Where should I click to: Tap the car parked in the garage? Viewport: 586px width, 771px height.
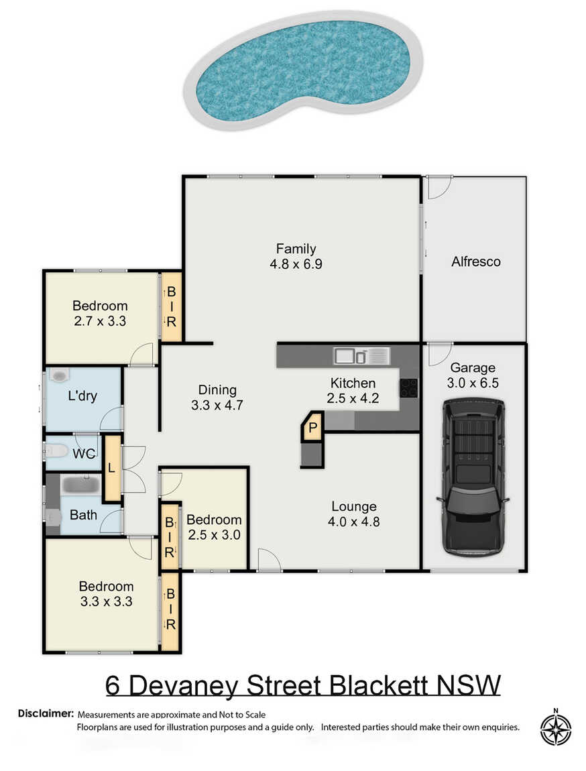473,477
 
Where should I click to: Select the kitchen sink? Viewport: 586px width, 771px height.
362,355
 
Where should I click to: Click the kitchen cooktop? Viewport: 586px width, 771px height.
408,388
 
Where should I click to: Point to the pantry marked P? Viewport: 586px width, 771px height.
312,427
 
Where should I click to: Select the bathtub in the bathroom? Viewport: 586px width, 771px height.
81,485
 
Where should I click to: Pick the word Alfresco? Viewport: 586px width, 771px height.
476,261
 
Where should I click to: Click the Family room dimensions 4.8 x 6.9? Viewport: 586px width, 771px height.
296,265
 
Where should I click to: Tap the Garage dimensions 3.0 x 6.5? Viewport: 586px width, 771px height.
473,383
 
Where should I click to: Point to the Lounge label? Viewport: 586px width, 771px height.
354,506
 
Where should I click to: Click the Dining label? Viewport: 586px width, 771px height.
217,390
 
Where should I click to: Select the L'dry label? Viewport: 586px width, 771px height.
82,396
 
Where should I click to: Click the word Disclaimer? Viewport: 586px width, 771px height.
46,713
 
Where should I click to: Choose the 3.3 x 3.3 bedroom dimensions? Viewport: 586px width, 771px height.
106,601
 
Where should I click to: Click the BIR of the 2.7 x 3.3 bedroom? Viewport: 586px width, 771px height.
171,307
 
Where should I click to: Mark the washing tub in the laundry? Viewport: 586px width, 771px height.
59,376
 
